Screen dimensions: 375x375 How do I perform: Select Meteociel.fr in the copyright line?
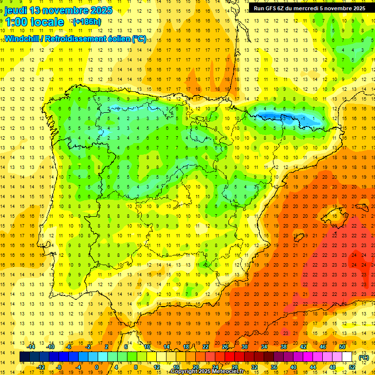click(x=228, y=372)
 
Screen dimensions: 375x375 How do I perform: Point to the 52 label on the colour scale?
click(x=352, y=367)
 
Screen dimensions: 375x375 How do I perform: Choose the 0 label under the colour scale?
click(x=96, y=367)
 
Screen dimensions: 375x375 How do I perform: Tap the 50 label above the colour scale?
click(x=342, y=347)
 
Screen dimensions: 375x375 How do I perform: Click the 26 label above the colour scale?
click(x=225, y=347)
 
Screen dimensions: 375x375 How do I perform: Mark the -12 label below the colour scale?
click(x=41, y=367)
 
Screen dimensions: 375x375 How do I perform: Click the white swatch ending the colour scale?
click(x=347, y=357)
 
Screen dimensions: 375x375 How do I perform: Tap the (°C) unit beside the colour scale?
click(x=363, y=357)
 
